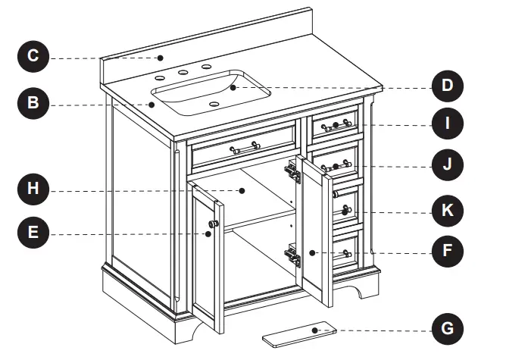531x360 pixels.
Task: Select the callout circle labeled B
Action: [x=33, y=104]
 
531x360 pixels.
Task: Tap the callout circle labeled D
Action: [x=447, y=86]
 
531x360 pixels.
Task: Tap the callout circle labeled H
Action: [x=33, y=189]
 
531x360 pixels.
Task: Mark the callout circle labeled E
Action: [x=33, y=234]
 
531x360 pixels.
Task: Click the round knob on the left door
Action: [x=213, y=224]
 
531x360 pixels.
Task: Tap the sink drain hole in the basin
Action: [x=214, y=104]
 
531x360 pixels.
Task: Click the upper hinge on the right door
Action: [x=292, y=172]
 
